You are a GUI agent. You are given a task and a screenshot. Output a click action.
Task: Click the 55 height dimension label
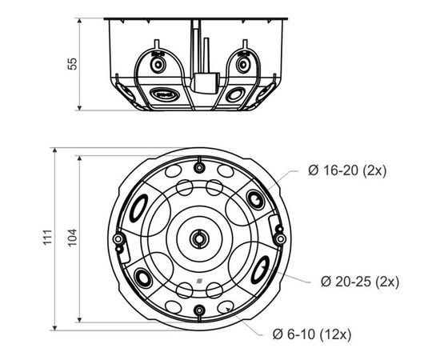point(72,64)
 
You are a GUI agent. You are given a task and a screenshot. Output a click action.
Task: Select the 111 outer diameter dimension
point(48,238)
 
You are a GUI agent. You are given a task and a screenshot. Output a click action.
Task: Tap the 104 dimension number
point(72,238)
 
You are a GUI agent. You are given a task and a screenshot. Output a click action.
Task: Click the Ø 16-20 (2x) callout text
point(347,170)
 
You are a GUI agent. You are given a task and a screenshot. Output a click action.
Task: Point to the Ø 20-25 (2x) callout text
point(360,282)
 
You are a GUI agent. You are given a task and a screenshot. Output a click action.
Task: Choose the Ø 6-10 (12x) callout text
point(312,334)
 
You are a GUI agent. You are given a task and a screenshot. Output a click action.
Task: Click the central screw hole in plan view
point(199,239)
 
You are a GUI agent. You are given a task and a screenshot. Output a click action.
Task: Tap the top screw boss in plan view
point(199,168)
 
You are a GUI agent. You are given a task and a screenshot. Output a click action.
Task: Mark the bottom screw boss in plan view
point(199,310)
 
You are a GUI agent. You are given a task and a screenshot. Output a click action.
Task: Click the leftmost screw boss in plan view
point(118,239)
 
